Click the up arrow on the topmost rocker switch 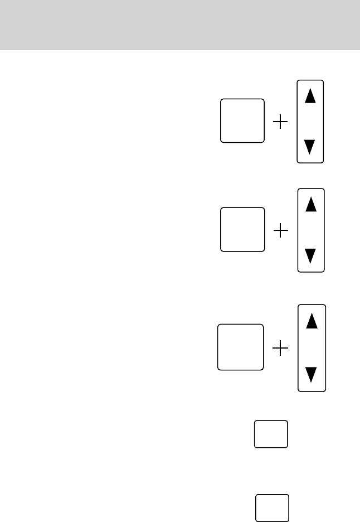(x=310, y=95)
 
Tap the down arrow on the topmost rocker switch (x=310, y=148)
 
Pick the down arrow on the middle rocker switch (x=311, y=256)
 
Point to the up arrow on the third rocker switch (x=313, y=321)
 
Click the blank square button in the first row (x=242, y=120)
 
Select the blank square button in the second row (x=242, y=229)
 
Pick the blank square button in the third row (x=240, y=346)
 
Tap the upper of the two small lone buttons (x=271, y=434)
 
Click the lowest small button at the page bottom (x=273, y=507)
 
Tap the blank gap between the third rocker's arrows (x=313, y=348)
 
